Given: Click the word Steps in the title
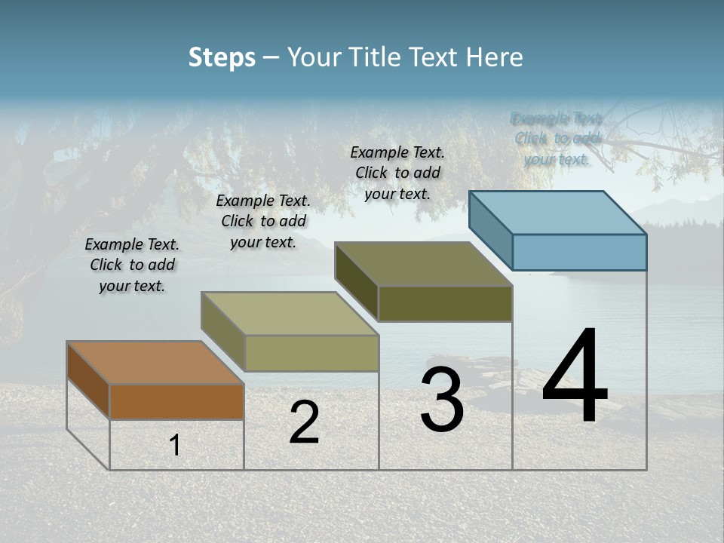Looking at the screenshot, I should pyautogui.click(x=222, y=57).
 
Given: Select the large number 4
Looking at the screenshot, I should pyautogui.click(x=575, y=376).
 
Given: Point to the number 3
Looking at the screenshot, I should pyautogui.click(x=441, y=400).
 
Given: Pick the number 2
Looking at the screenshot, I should pyautogui.click(x=304, y=422).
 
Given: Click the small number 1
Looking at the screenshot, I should pyautogui.click(x=175, y=446).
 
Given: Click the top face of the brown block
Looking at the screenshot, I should pyautogui.click(x=155, y=363).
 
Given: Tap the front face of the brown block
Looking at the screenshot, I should pyautogui.click(x=176, y=401).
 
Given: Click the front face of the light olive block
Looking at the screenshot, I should pyautogui.click(x=311, y=353).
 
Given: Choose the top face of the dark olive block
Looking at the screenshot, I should pyautogui.click(x=423, y=264).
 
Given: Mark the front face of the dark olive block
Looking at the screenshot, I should pyautogui.click(x=445, y=303).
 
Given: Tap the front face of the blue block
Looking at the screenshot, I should pyautogui.click(x=579, y=252).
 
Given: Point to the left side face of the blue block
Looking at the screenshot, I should pyautogui.click(x=490, y=230).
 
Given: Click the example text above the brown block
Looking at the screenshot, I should pyautogui.click(x=132, y=265).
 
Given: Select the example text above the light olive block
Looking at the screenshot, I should pyautogui.click(x=263, y=221).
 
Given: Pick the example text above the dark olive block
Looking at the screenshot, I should pyautogui.click(x=397, y=173).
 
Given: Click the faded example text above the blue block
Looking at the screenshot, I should pyautogui.click(x=557, y=139).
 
